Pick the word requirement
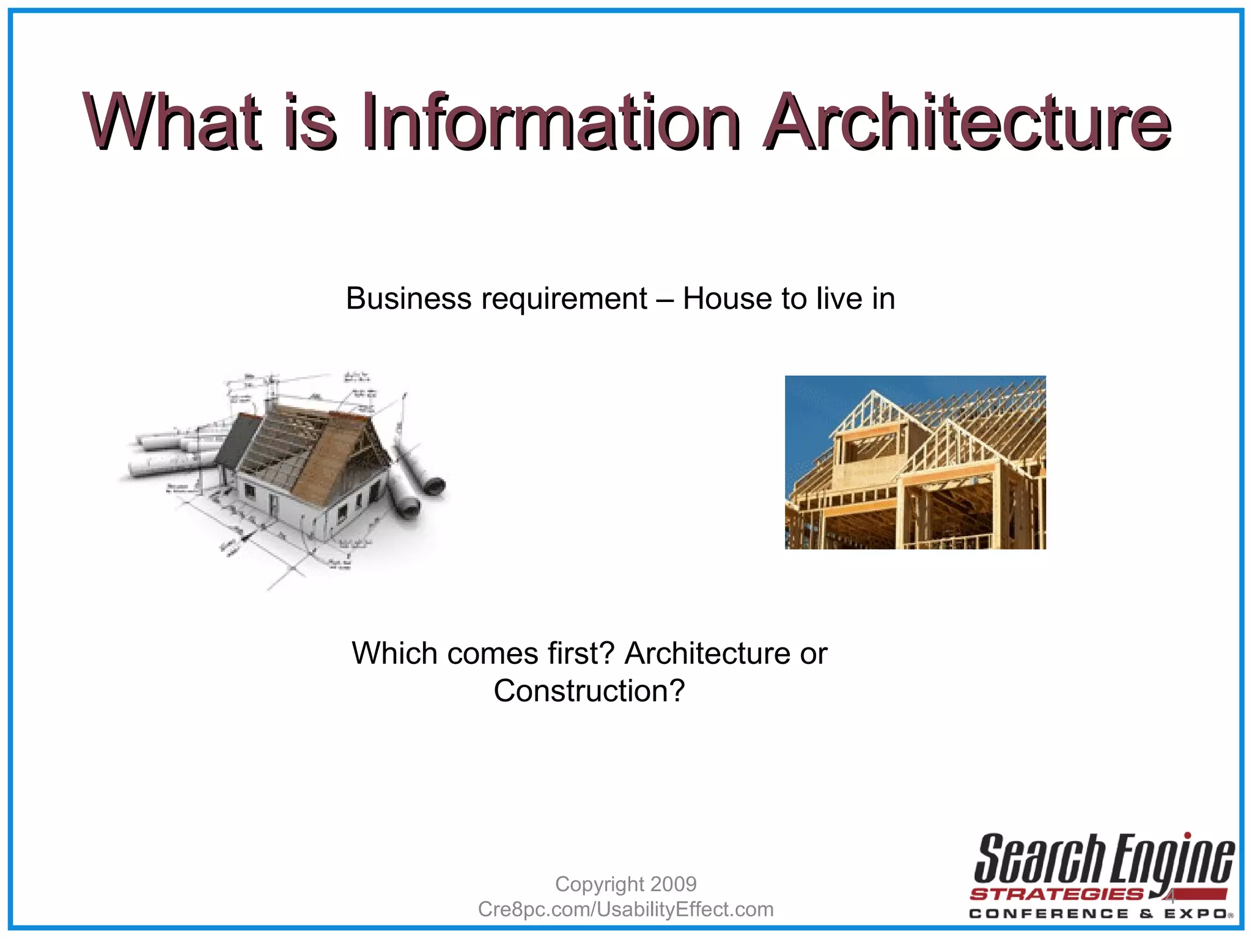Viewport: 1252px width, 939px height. tap(564, 299)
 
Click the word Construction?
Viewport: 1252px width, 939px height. tap(589, 691)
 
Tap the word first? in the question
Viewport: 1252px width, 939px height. tap(580, 653)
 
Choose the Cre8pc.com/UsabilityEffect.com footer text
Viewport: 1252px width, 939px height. tap(625, 909)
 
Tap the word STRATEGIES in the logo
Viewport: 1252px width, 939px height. tap(1056, 894)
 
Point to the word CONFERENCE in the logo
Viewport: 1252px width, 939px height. tap(1048, 914)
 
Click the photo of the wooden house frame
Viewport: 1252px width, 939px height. tap(915, 462)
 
